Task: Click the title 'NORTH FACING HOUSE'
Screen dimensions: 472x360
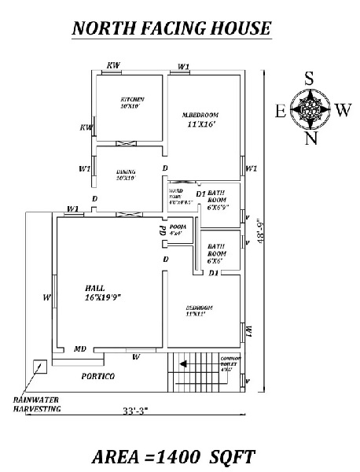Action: click(x=171, y=29)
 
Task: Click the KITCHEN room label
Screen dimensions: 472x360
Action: click(x=130, y=103)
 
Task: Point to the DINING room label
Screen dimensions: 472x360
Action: click(x=126, y=175)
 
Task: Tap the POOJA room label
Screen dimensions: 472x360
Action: click(x=175, y=230)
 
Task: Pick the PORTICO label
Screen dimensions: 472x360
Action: click(x=98, y=376)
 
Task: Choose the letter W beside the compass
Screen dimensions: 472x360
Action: click(x=342, y=110)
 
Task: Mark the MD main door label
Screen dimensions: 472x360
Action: click(x=80, y=349)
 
